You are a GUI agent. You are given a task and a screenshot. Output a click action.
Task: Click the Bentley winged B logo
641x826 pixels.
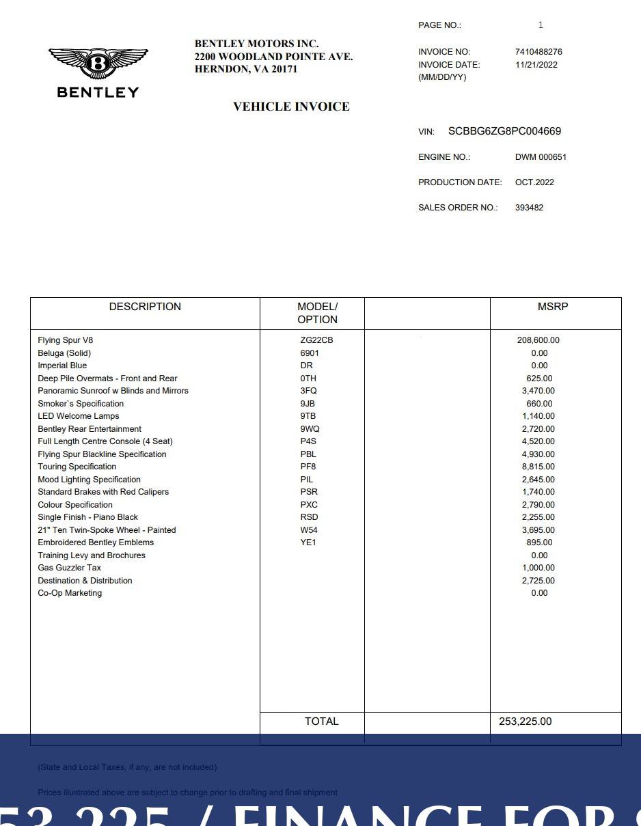pos(98,64)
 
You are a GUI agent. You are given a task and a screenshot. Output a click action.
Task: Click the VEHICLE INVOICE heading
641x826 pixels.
pos(291,107)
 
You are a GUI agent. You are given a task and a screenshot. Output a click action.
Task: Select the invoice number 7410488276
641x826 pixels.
pos(538,52)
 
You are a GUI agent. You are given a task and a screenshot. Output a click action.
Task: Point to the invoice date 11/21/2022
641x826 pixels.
pos(536,65)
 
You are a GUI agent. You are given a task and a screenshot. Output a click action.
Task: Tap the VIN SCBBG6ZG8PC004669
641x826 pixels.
pos(504,131)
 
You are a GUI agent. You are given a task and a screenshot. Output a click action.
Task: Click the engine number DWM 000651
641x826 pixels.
pos(541,157)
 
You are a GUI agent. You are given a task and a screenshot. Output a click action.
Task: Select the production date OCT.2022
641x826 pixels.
pos(534,182)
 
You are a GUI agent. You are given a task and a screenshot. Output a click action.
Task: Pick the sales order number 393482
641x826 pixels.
pos(529,208)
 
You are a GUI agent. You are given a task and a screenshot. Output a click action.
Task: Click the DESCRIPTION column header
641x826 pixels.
pos(145,307)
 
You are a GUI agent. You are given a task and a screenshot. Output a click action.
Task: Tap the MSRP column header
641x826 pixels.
pos(552,307)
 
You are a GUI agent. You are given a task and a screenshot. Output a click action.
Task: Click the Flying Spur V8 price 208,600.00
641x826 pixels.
pos(538,340)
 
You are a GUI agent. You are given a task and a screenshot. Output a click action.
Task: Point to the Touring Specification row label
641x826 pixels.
pos(77,467)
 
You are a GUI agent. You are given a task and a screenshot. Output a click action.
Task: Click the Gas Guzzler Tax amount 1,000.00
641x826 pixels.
pos(538,568)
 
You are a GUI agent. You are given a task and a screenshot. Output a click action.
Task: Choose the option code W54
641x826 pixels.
pos(309,530)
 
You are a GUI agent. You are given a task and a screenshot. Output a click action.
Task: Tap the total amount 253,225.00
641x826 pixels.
pos(525,721)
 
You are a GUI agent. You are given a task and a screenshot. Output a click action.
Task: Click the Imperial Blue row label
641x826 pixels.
pos(62,366)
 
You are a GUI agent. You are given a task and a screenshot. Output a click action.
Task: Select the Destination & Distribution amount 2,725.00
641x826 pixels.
pos(538,581)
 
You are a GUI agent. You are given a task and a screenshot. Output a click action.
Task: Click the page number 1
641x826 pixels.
pos(541,25)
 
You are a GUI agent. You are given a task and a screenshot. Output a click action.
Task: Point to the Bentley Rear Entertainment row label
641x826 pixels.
pos(90,429)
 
